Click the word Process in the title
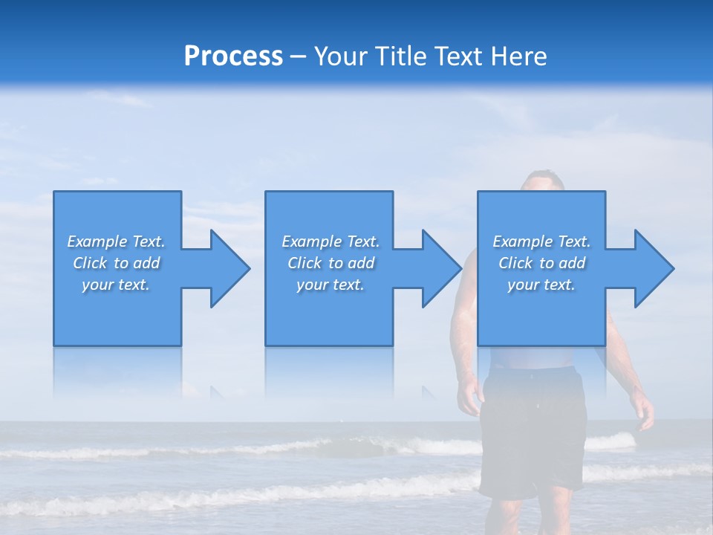click(233, 56)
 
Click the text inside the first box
click(116, 263)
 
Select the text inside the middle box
click(330, 263)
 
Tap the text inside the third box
click(541, 263)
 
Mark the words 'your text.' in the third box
click(541, 285)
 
